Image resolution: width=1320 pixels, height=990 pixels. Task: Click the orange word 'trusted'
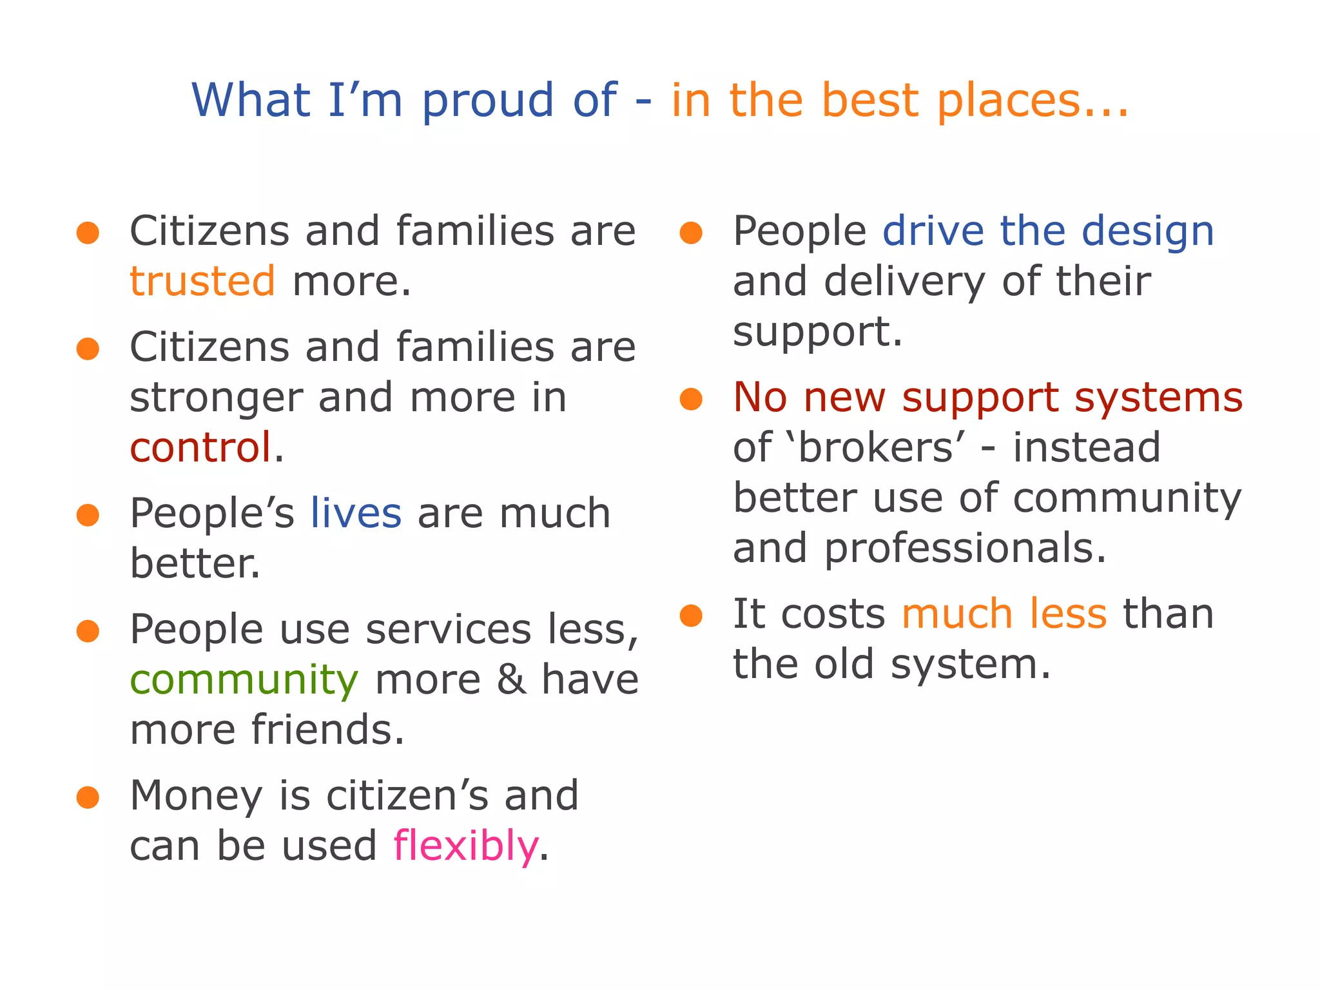(202, 282)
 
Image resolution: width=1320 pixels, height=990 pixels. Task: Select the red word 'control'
(200, 448)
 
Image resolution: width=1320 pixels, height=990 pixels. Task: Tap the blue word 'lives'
(356, 514)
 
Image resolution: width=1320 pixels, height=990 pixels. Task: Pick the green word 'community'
(244, 680)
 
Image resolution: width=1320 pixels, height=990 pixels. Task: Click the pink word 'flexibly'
(465, 846)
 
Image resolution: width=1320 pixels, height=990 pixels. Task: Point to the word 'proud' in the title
(488, 101)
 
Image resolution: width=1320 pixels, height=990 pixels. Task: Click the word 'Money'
(196, 796)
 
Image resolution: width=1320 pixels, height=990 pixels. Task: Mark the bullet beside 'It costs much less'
(691, 616)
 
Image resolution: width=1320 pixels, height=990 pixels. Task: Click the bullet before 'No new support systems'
(691, 399)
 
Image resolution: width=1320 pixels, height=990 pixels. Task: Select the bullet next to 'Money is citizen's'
(88, 797)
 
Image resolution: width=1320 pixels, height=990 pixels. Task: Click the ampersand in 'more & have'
(511, 680)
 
